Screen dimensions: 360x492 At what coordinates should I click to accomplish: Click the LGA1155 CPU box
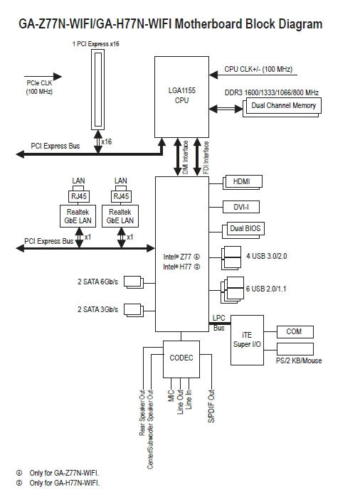click(x=181, y=97)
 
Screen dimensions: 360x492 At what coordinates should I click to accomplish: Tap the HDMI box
click(x=243, y=181)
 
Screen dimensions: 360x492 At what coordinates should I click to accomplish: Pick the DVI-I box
click(x=241, y=207)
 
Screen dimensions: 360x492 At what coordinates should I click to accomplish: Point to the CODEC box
click(x=181, y=359)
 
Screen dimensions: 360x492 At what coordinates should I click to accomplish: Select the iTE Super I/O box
click(x=247, y=340)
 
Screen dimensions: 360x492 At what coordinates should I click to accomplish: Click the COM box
click(x=295, y=331)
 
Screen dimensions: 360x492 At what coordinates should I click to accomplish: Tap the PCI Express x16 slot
click(x=98, y=90)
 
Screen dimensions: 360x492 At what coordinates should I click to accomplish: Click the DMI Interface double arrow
click(x=177, y=157)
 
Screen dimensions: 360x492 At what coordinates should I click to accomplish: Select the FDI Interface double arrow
click(x=197, y=157)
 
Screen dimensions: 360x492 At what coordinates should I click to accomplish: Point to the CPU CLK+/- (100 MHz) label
click(x=258, y=69)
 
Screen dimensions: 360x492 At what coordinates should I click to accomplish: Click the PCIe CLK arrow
click(x=43, y=77)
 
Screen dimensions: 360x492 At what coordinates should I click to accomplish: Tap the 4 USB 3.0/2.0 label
click(x=267, y=256)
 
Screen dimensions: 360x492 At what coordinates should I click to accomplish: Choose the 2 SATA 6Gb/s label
click(x=98, y=282)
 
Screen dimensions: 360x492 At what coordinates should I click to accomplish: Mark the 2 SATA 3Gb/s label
click(x=98, y=309)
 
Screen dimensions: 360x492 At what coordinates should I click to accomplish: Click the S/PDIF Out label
click(x=211, y=407)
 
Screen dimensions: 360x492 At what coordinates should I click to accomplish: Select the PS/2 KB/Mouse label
click(x=299, y=360)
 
